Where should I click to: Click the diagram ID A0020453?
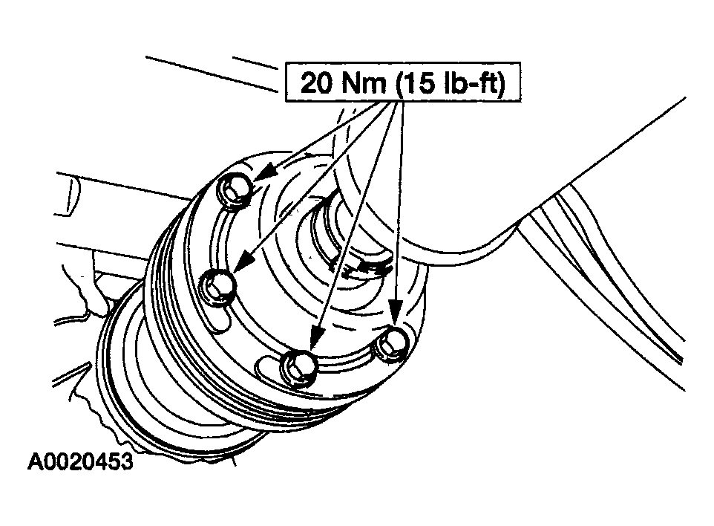pos(81,461)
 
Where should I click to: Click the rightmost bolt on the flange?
pos(391,344)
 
